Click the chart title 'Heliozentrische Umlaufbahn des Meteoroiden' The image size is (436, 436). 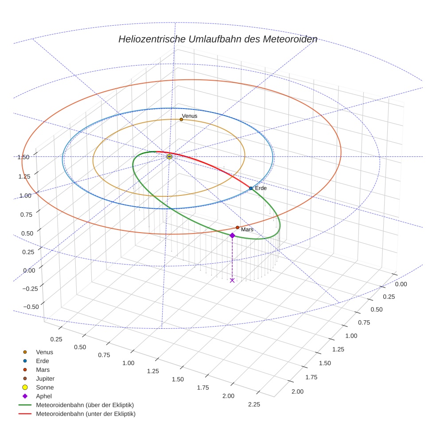click(218, 39)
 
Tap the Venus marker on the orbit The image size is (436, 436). click(181, 119)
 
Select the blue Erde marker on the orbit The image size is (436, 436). click(251, 188)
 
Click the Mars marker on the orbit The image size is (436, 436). click(237, 227)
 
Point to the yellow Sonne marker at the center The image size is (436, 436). click(169, 156)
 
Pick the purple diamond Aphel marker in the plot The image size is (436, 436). click(232, 235)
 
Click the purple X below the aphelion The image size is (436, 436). click(232, 280)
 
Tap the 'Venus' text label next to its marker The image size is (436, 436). click(190, 116)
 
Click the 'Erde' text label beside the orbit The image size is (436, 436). click(261, 188)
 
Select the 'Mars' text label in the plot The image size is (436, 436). click(247, 230)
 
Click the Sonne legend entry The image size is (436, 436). click(45, 387)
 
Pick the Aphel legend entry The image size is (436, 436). click(44, 396)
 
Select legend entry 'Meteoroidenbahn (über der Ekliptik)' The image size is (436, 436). click(85, 405)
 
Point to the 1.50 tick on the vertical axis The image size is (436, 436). click(23, 157)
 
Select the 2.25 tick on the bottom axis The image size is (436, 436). click(254, 404)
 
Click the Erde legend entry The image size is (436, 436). click(43, 361)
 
